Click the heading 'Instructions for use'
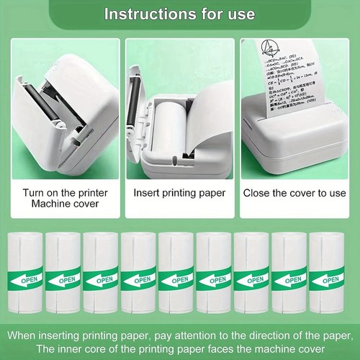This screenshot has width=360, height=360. click(x=180, y=13)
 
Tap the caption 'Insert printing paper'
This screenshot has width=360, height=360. click(x=180, y=193)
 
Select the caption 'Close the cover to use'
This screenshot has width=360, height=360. click(x=295, y=193)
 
